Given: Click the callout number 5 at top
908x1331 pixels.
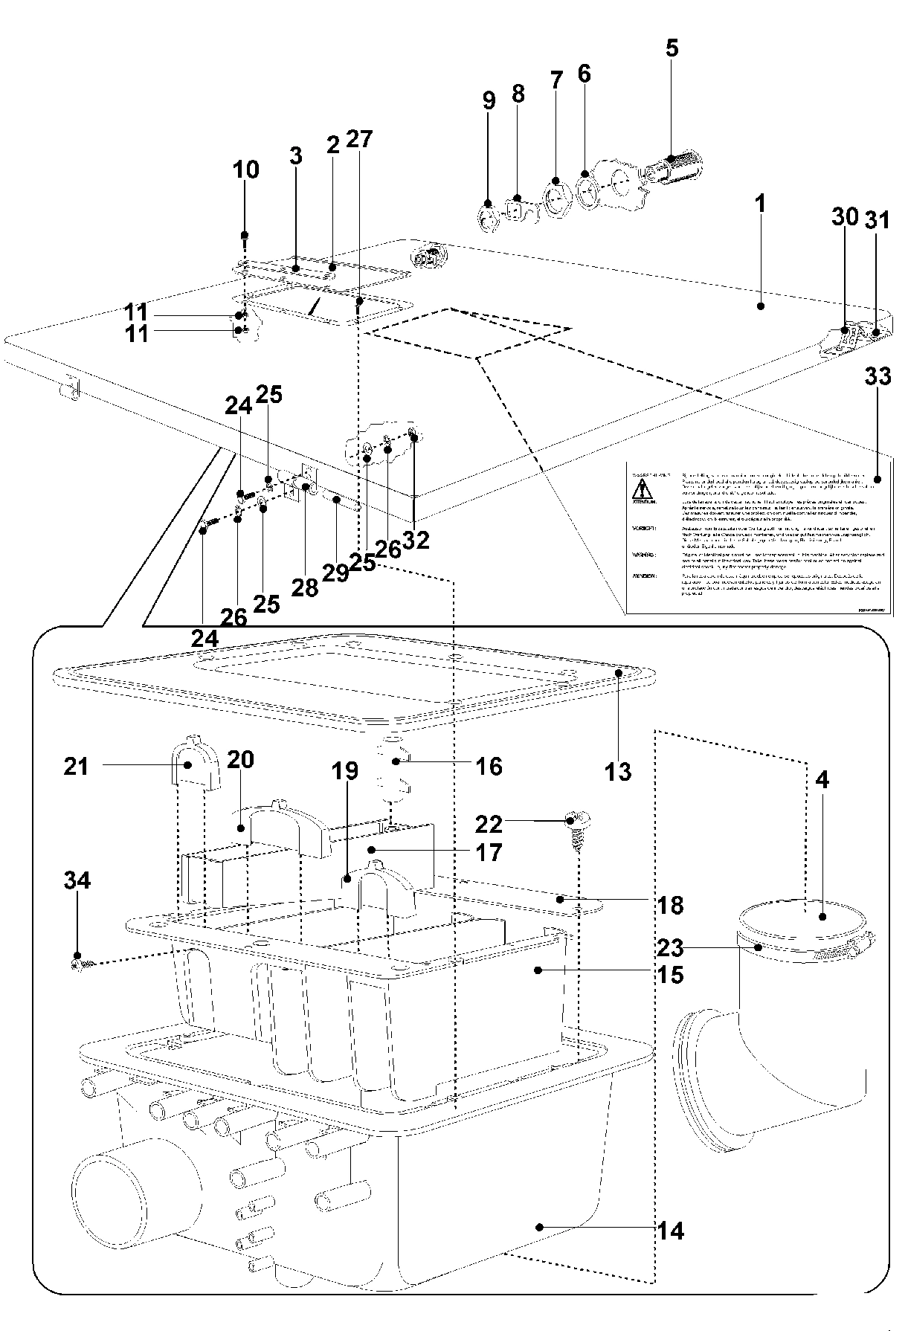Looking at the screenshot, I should [x=671, y=48].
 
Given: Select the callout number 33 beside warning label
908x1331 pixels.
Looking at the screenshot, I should [x=878, y=376].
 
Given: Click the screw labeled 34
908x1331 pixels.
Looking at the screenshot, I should [x=79, y=964].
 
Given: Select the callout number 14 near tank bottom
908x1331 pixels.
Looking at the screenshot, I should [x=670, y=1231].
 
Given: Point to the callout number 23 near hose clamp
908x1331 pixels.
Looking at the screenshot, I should [x=670, y=947].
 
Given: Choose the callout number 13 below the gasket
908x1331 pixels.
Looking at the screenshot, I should [x=617, y=772].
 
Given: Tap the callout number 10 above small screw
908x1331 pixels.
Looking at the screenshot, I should [x=245, y=170].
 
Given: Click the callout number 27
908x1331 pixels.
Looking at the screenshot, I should [x=358, y=139].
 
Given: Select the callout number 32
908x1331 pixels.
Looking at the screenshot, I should [x=416, y=541].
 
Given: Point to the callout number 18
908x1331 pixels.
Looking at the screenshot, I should [x=670, y=905].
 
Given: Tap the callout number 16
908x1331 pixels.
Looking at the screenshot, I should [x=489, y=766].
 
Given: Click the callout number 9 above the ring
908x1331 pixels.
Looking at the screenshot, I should [x=489, y=100].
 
